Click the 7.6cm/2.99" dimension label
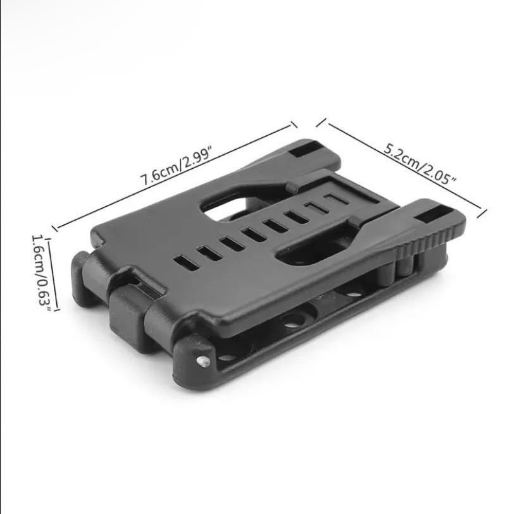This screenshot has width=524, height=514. click(177, 167)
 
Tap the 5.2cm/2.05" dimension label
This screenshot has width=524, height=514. click(420, 164)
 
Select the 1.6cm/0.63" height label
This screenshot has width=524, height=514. click(41, 272)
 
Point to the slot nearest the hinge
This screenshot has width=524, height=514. click(186, 262)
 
